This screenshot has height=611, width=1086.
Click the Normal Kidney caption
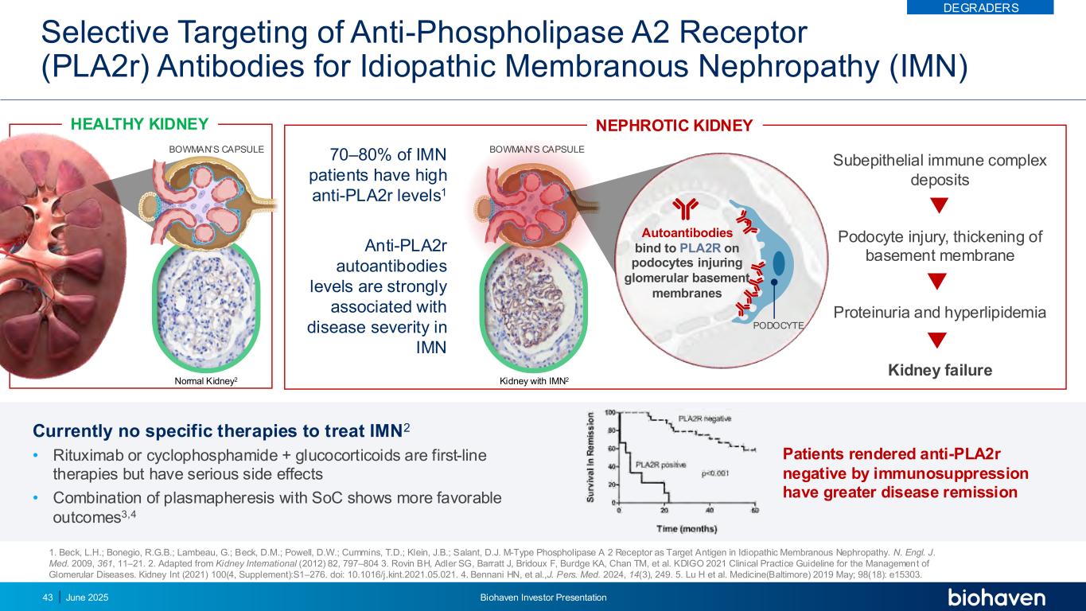(x=205, y=382)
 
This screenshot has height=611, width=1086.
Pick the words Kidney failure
(x=939, y=370)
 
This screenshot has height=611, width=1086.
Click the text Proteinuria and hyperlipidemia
(x=939, y=313)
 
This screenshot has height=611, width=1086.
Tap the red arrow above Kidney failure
(x=939, y=341)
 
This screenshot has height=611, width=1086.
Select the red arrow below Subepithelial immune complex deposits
(x=939, y=205)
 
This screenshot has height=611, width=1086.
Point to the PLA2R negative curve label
(x=704, y=418)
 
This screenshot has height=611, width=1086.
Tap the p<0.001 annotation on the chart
(x=715, y=473)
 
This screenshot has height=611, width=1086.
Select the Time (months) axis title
(x=687, y=528)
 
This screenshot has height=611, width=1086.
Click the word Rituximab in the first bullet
(x=88, y=455)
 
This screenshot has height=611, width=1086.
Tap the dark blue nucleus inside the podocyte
(x=779, y=263)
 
